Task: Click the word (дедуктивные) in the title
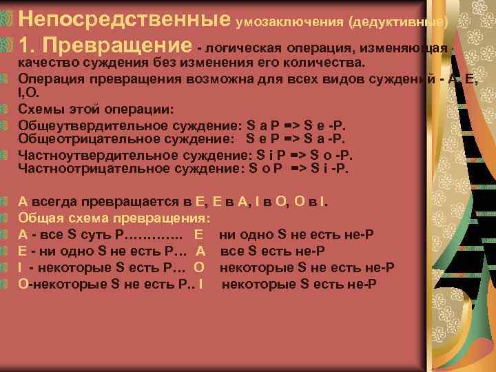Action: pos(399,21)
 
